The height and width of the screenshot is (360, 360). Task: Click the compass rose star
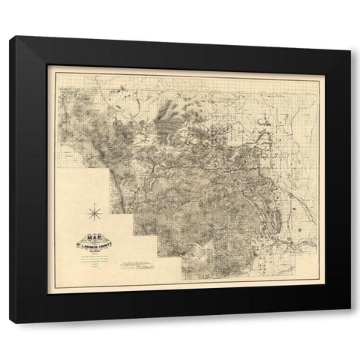coord(94,214)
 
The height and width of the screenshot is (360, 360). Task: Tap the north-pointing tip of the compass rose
coord(94,205)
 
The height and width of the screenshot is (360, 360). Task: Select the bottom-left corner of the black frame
coord(10,322)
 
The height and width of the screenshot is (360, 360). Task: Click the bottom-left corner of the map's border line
coord(58,287)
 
